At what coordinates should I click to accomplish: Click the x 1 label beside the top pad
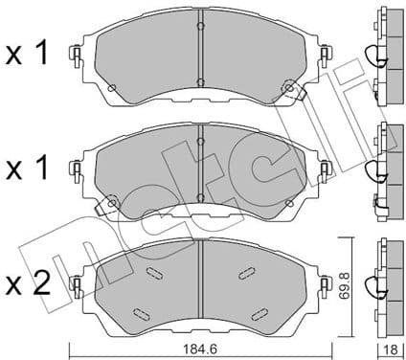[x=29, y=55]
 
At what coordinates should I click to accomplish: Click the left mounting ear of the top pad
[x=73, y=57]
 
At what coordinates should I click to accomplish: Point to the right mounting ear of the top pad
[x=325, y=57]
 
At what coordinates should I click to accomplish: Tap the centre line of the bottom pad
[x=201, y=282]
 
